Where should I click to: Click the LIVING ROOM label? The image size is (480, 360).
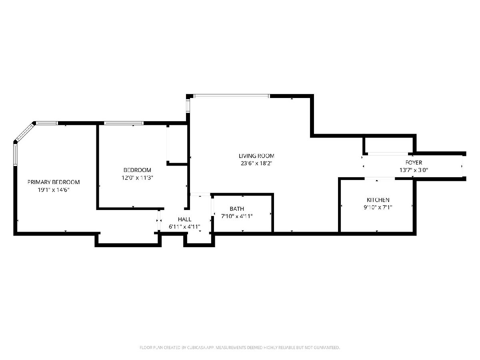[x=256, y=156]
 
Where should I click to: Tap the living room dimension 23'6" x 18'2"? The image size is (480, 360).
[x=256, y=163]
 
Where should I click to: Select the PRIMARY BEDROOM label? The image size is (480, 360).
[x=54, y=182]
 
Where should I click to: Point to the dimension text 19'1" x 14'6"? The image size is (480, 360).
[x=54, y=190]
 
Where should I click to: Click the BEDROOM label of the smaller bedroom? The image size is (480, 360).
[x=137, y=170]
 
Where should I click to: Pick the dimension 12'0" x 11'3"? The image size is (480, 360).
[x=137, y=178]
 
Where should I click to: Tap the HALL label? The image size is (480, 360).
[x=184, y=219]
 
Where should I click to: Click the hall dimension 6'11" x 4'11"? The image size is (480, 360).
[x=184, y=227]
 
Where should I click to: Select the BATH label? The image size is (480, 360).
[x=237, y=209]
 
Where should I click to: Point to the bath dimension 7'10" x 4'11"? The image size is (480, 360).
[x=237, y=216]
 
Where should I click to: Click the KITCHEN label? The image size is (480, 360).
[x=378, y=200]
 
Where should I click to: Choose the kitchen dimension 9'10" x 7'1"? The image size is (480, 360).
[x=378, y=207]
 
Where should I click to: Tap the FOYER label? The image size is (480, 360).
[x=414, y=162]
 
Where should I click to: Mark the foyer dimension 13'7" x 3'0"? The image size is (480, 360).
[x=414, y=170]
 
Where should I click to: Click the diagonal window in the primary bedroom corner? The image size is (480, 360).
[x=24, y=132]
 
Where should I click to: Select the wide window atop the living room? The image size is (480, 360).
[x=231, y=96]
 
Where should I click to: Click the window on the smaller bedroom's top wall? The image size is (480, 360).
[x=124, y=123]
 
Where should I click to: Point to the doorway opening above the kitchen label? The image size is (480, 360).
[x=380, y=178]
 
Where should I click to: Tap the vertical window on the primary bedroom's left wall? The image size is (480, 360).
[x=15, y=155]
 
